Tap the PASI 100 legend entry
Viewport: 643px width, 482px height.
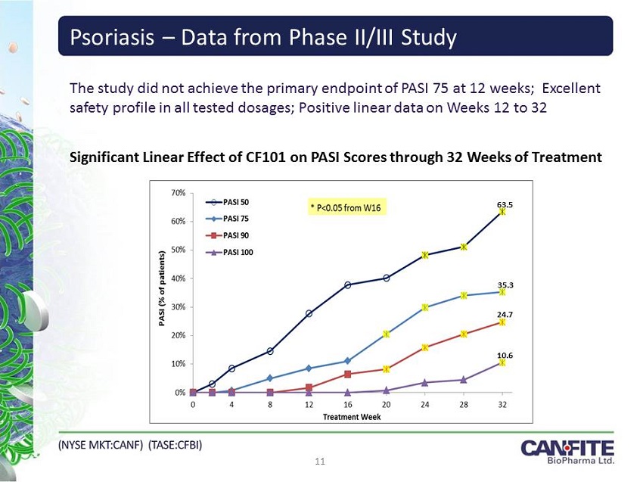(238, 252)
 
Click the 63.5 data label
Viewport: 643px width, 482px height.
(504, 204)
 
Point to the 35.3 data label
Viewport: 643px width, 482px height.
(505, 285)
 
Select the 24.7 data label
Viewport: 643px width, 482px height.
(505, 313)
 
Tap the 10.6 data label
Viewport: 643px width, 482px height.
(505, 355)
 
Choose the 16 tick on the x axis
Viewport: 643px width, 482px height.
(347, 405)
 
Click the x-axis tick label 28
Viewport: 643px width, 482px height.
(463, 405)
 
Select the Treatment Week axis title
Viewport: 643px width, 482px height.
(352, 417)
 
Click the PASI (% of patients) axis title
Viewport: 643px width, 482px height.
(161, 290)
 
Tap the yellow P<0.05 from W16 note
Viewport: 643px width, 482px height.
(345, 207)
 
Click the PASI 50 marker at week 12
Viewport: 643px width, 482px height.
(309, 313)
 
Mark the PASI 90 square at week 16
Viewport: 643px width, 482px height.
(347, 374)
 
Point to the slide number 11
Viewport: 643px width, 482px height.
(321, 460)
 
